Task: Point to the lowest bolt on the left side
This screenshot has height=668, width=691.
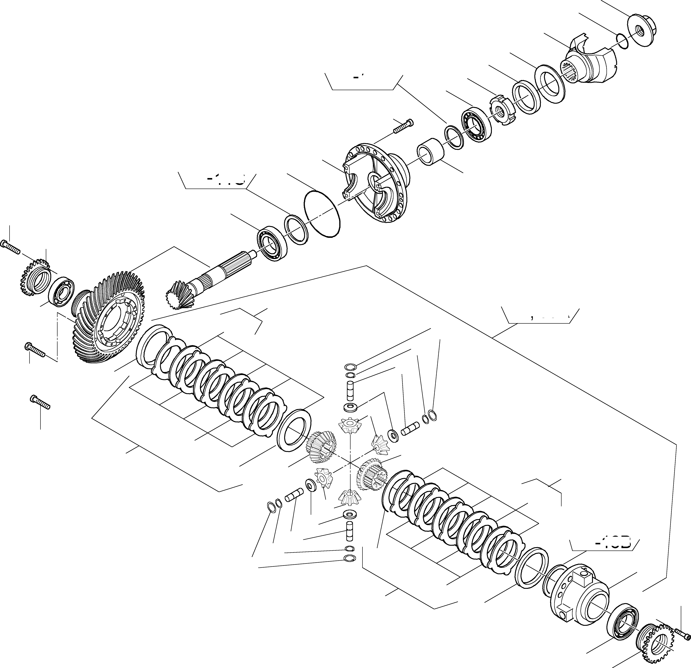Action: pos(41,402)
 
